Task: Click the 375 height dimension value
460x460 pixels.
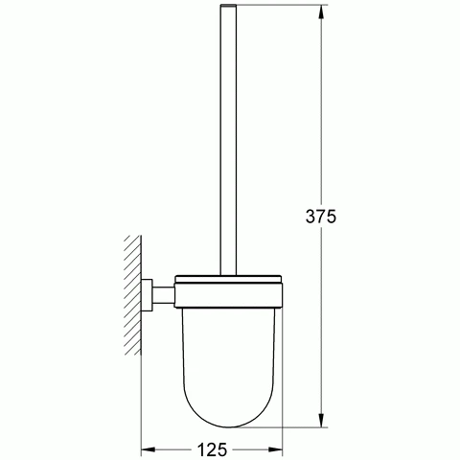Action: click(321, 217)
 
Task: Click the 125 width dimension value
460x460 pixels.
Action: click(212, 449)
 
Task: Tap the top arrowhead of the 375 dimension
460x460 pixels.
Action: click(321, 11)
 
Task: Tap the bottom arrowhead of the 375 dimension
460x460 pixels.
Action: click(321, 420)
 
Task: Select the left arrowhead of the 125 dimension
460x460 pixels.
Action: click(149, 449)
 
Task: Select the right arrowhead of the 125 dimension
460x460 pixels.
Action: click(275, 449)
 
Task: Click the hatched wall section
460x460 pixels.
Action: click(133, 295)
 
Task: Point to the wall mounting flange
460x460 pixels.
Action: click(147, 295)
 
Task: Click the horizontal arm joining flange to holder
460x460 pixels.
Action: click(163, 295)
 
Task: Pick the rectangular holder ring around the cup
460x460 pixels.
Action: click(228, 295)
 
